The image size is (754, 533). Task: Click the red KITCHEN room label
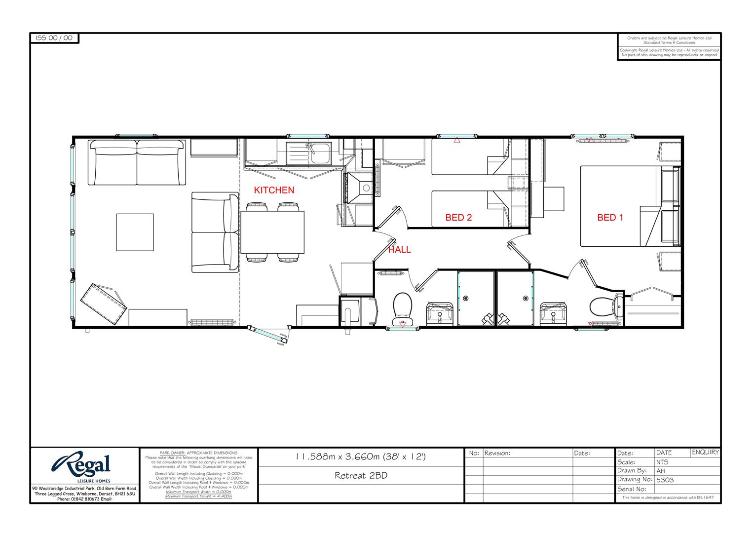[274, 190]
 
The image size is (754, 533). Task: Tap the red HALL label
[399, 250]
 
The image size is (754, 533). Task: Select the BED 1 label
[610, 217]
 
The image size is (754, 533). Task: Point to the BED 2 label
[458, 217]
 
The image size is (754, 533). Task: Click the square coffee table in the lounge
[135, 232]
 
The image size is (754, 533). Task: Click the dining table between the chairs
[272, 232]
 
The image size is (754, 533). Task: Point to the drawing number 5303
[665, 480]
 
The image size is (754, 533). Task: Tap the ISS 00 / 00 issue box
[54, 38]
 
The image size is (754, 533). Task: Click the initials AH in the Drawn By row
[661, 471]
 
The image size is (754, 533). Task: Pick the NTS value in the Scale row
[662, 462]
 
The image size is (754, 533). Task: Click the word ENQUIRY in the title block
[705, 452]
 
